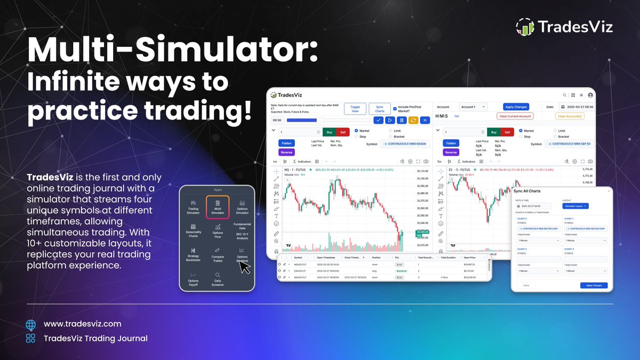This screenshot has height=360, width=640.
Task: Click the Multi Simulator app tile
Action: coord(218,207)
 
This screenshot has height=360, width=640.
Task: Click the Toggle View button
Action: coord(355,109)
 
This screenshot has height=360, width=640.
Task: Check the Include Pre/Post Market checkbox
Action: coord(395,108)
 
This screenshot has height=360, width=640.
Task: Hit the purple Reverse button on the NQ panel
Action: coord(286,152)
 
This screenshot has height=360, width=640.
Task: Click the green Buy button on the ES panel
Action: coord(493,132)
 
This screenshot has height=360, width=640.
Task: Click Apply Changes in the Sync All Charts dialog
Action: coord(594,285)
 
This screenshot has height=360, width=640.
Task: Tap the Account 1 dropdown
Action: coord(474,107)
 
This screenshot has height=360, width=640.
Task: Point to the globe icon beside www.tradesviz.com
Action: coord(30,324)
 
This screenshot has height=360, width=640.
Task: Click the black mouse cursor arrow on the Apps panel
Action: coord(244,267)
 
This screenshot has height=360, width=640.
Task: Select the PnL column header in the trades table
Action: coord(398,257)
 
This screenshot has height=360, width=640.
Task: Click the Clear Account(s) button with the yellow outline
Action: coord(570,116)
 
